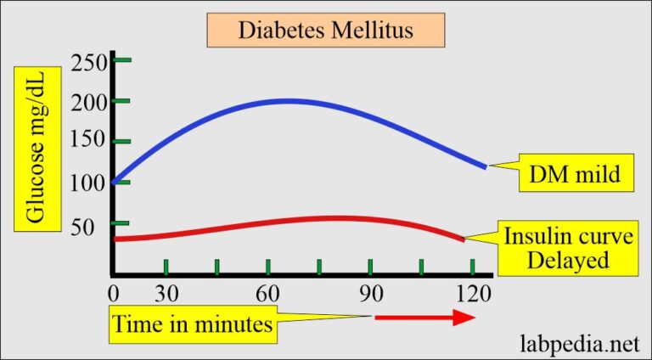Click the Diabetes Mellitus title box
pyautogui.click(x=326, y=31)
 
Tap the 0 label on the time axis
pyautogui.click(x=115, y=294)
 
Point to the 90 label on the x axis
pyautogui.click(x=371, y=294)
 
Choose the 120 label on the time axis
pyautogui.click(x=473, y=294)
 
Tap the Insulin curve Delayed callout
pyautogui.click(x=567, y=249)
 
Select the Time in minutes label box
pyautogui.click(x=193, y=323)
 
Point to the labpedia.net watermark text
pyautogui.click(x=578, y=343)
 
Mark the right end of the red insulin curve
pyautogui.click(x=463, y=239)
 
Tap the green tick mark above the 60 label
pyautogui.click(x=268, y=267)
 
